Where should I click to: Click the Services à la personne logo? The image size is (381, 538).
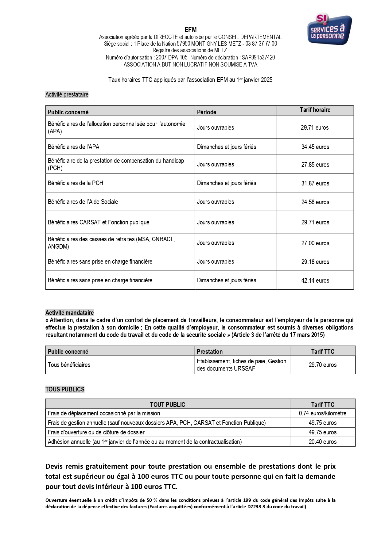[x=329, y=29]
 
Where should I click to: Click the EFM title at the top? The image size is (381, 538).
[x=190, y=30]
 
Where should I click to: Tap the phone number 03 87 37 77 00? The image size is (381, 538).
[x=261, y=44]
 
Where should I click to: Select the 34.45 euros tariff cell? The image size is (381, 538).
[x=315, y=147]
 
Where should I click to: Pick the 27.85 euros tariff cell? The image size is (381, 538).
[x=315, y=165]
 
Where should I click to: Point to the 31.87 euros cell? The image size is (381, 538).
[x=315, y=183]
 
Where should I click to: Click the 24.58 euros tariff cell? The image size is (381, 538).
[x=315, y=202]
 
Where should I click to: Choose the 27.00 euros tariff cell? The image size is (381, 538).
[x=315, y=243]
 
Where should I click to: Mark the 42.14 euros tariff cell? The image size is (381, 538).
[x=315, y=280]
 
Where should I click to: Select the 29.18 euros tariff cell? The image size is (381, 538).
[x=315, y=262]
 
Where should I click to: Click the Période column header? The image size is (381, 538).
[x=207, y=112]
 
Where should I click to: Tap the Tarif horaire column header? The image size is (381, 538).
[x=315, y=110]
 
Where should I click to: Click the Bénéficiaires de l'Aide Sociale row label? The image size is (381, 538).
[x=83, y=202]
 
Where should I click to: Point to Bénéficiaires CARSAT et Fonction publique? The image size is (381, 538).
[x=99, y=222]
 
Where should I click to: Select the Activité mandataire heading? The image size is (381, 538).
[x=70, y=313]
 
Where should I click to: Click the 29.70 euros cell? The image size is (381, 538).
[x=322, y=365]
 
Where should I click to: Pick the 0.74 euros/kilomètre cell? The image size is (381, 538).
[x=322, y=413]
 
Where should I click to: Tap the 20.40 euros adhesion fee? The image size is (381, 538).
[x=322, y=442]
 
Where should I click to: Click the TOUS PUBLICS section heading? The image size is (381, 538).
[x=65, y=389]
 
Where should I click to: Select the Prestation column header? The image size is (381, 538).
[x=210, y=352]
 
